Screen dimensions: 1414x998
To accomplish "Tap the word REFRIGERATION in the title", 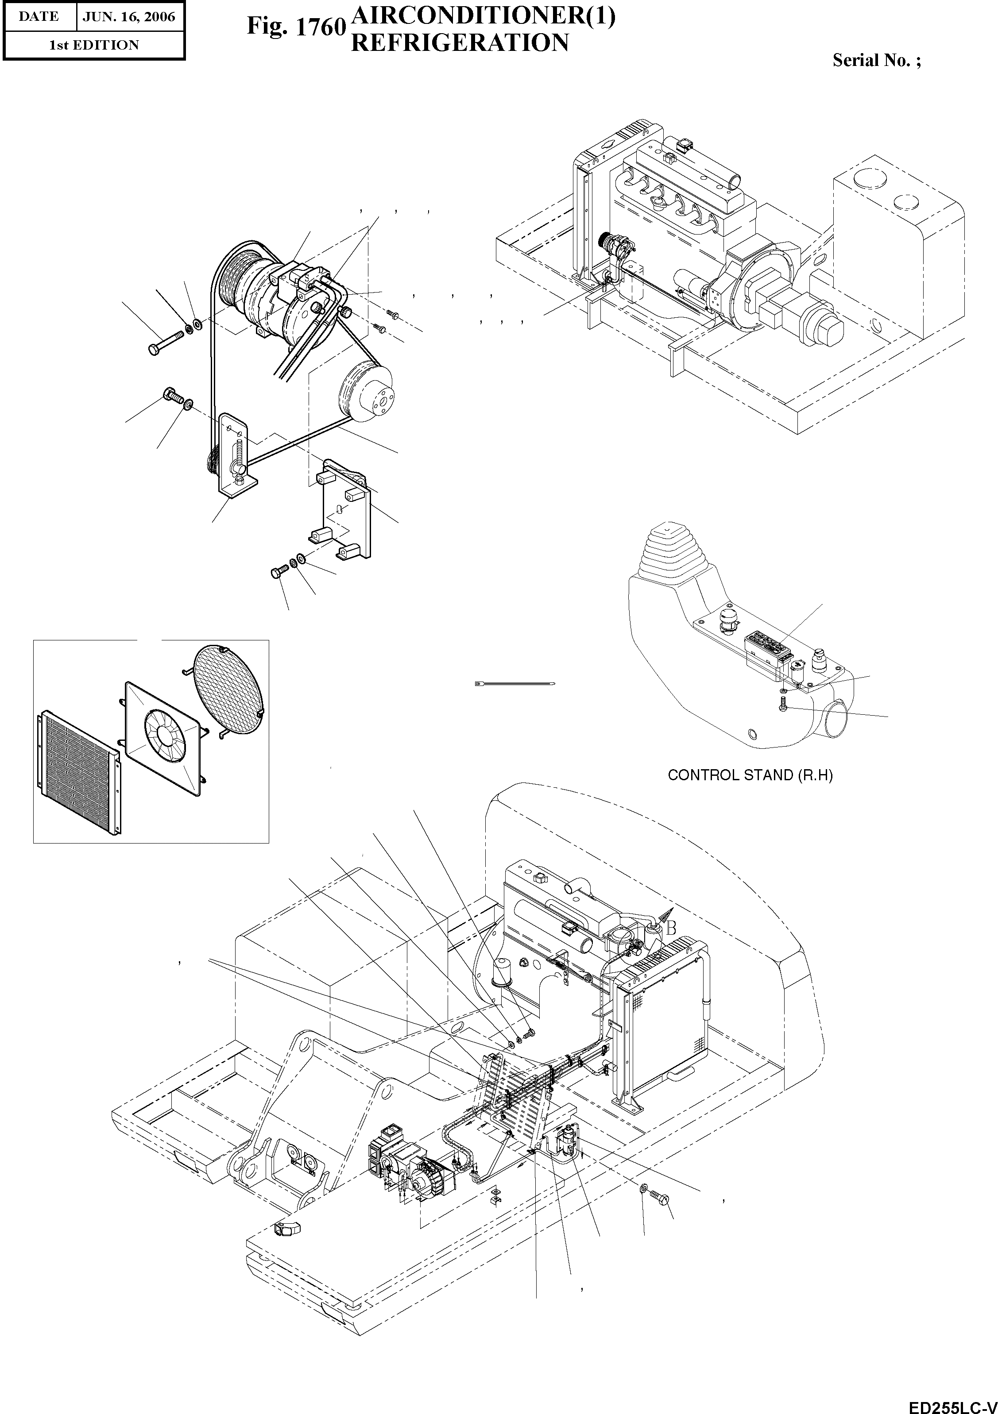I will coord(459,43).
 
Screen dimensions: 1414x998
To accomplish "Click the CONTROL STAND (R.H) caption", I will coord(750,775).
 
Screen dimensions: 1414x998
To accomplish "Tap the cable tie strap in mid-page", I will coord(515,684).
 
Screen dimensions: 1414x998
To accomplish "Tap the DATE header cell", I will coord(39,17).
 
